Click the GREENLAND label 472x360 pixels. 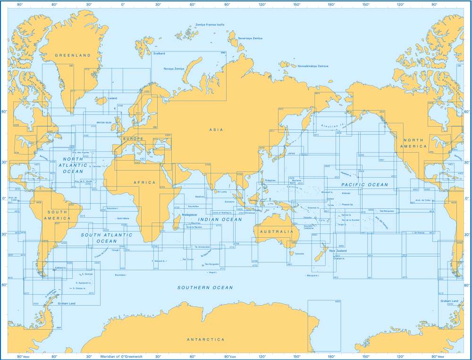72,55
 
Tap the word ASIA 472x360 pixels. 217,129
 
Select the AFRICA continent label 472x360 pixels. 144,182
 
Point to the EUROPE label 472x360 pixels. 133,139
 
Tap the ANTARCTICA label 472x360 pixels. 205,340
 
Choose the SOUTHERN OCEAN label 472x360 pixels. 205,288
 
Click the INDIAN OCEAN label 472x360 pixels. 220,220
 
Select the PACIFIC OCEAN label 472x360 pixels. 364,185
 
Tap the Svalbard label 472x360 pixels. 159,54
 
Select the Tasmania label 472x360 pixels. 299,254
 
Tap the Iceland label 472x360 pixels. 112,98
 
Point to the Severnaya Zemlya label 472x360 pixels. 250,38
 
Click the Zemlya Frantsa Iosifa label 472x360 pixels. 210,25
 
